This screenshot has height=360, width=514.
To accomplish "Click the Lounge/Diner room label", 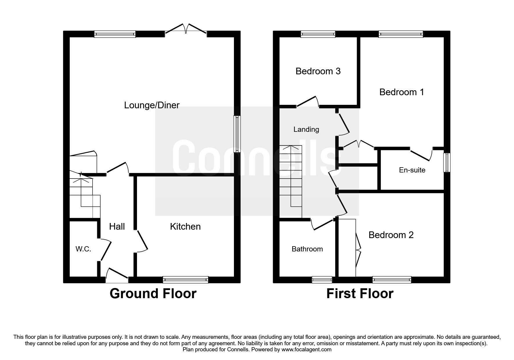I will coord(152,105).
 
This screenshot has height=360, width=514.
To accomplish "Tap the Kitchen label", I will coord(185,226).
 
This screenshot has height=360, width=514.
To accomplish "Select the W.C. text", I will coord(83,249).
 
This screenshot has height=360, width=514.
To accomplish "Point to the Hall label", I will coord(117,226).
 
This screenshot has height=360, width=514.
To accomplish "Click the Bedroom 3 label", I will coord(318,71).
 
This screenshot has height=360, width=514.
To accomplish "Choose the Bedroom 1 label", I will coord(402,92).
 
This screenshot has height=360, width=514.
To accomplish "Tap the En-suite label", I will coord(412,170).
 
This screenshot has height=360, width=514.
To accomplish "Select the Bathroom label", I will coord(307,249).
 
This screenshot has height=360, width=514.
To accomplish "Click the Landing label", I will coord(306,129).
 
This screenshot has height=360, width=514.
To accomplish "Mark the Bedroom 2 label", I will coord(391,235).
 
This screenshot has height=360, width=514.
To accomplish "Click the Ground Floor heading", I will coord(153,294).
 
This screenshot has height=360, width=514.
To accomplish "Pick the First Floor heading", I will coord(360,294).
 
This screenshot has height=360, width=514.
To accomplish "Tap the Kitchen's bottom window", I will coord(185,280).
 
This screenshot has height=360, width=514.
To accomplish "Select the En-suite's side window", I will coord(447,163).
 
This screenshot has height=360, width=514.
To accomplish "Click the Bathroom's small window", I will coord(322,280).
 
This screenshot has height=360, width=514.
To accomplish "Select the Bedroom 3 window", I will coord(318,34).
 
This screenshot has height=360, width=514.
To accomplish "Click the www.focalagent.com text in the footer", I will coord(306,350).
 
